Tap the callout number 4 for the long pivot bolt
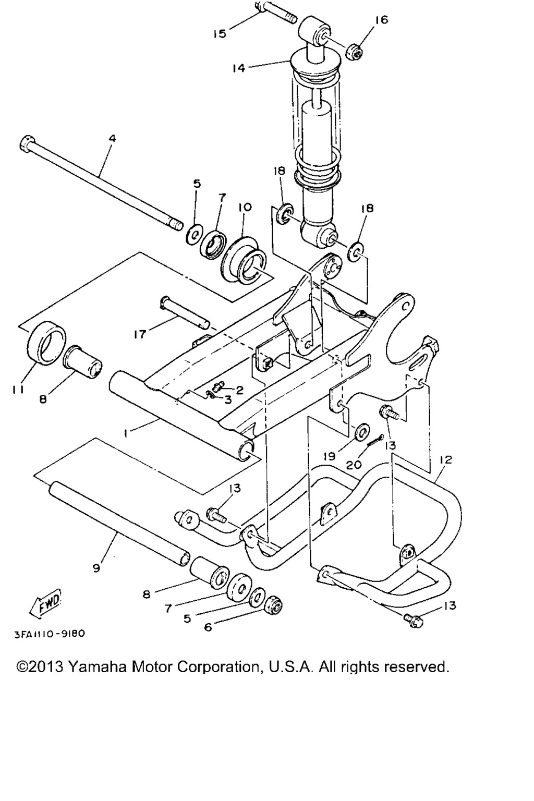[112, 138]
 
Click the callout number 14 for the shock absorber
[238, 68]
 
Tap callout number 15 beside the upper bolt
[220, 34]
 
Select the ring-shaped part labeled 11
[46, 343]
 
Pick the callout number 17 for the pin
[140, 334]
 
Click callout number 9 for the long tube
[96, 568]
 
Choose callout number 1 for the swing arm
[126, 433]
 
